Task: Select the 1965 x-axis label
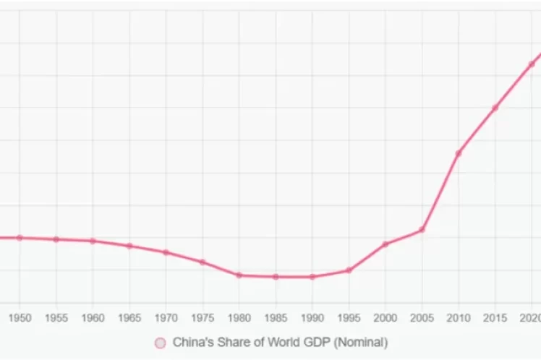[129, 318]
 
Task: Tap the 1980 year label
[239, 318]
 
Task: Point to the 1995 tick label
[349, 318]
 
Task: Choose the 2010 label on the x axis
[459, 318]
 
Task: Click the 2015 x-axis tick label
[495, 318]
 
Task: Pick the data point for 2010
[459, 153]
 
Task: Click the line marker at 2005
[422, 230]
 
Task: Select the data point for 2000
[385, 244]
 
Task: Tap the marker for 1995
[349, 270]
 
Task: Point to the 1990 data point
[312, 277]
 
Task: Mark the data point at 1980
[239, 275]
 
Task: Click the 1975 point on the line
[203, 262]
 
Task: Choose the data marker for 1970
[166, 252]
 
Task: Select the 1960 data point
[93, 241]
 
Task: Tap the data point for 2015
[495, 108]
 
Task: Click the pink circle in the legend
[161, 343]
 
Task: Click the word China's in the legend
[192, 343]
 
